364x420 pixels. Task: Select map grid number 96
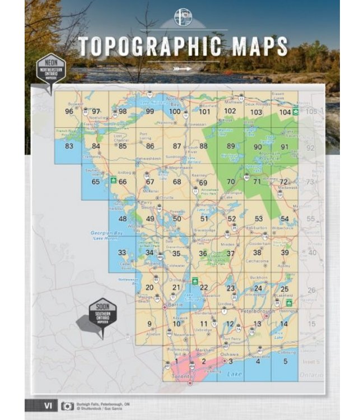[x=69, y=111]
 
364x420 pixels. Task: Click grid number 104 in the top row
[x=285, y=112]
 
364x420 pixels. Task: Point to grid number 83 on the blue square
[x=69, y=146]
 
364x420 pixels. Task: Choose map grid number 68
[x=178, y=181]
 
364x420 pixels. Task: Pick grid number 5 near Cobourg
[x=285, y=361]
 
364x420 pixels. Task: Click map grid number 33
[x=122, y=253]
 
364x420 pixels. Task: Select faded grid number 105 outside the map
[x=311, y=111]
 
